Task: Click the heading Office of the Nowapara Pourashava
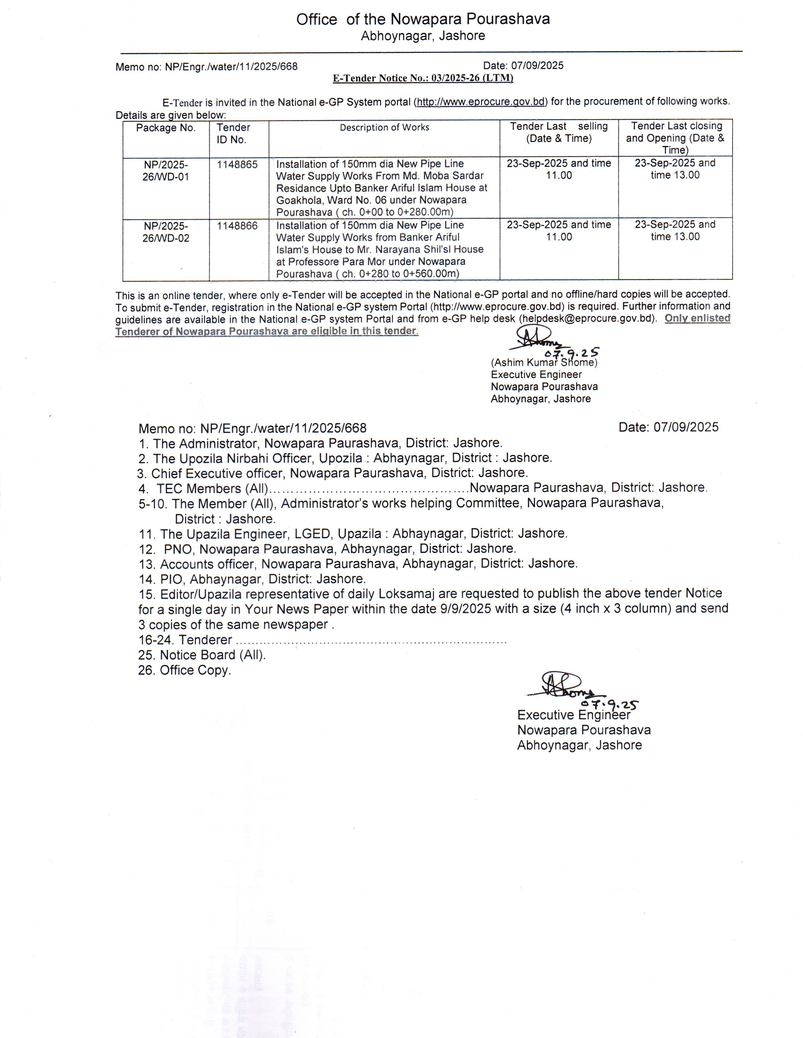click(x=423, y=20)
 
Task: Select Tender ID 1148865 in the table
click(x=237, y=165)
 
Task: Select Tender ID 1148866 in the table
click(x=237, y=226)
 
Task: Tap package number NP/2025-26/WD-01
click(x=166, y=170)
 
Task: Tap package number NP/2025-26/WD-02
click(x=166, y=232)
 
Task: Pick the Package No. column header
click(x=166, y=128)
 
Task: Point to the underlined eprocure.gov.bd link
click(x=481, y=102)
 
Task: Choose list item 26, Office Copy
click(x=185, y=670)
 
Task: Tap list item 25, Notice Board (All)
click(x=202, y=655)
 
